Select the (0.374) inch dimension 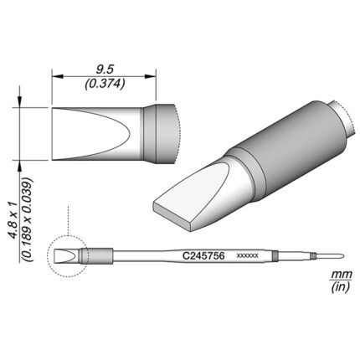pyautogui.click(x=105, y=84)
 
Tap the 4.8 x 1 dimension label pyautogui.click(x=13, y=221)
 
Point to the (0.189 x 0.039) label pyautogui.click(x=28, y=219)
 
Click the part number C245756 pyautogui.click(x=203, y=255)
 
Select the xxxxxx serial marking pyautogui.click(x=248, y=255)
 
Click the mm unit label pyautogui.click(x=341, y=275)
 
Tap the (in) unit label pyautogui.click(x=341, y=287)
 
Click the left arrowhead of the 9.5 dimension pyautogui.click(x=58, y=76)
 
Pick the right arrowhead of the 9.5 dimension pyautogui.click(x=151, y=76)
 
